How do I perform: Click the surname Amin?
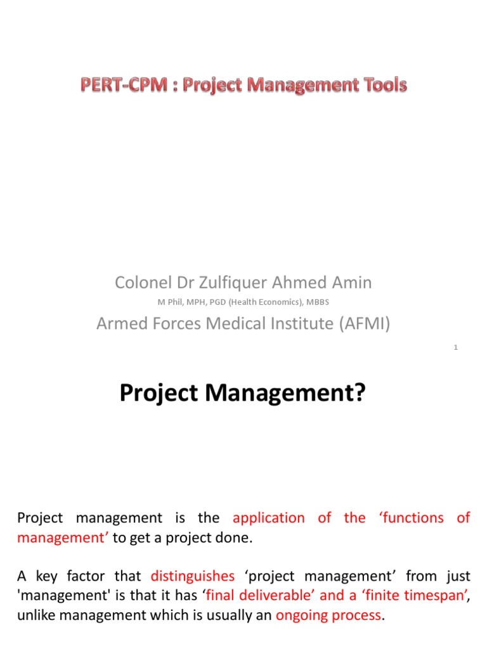351,283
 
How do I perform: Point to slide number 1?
456,347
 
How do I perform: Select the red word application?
269,518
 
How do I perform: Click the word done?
235,538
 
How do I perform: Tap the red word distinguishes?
193,576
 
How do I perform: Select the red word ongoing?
301,616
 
